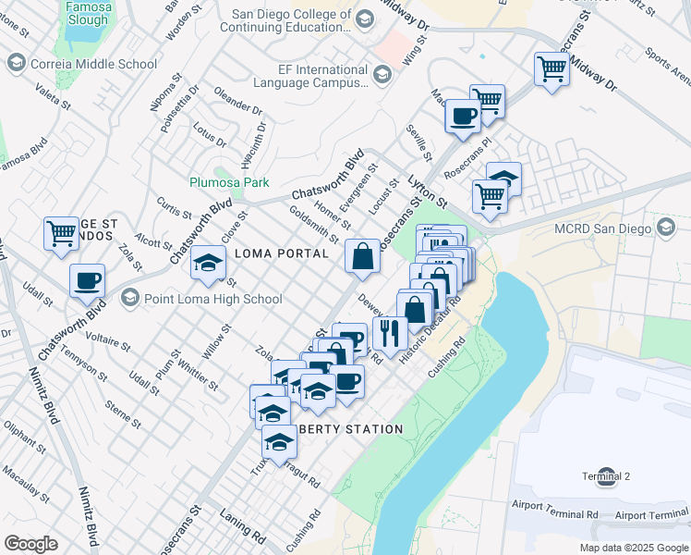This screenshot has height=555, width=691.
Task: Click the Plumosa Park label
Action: [229, 182]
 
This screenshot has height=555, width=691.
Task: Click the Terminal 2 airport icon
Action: [607, 476]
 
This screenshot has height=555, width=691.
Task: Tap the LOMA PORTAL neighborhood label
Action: [282, 253]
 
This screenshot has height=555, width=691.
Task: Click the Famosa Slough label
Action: [90, 12]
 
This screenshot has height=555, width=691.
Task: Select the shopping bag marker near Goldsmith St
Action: [363, 256]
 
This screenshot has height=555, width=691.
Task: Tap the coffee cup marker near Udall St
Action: [88, 280]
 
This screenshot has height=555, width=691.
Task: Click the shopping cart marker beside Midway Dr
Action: [552, 68]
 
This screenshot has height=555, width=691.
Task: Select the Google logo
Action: [30, 543]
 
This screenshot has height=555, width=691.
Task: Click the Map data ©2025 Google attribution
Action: [633, 548]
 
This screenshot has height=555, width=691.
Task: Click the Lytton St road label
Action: [428, 193]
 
